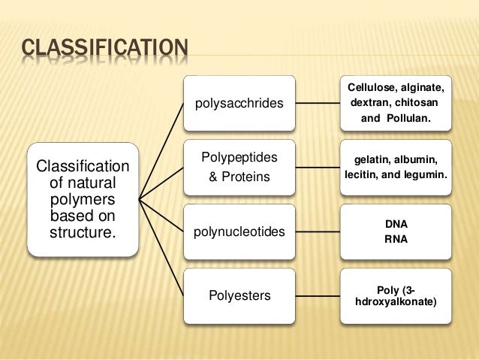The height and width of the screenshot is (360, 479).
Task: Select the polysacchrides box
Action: pos(239,103)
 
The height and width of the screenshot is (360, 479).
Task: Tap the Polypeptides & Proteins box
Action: pos(239,167)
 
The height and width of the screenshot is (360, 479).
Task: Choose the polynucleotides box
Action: pos(239,232)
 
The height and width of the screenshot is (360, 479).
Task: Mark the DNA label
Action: pos(396,224)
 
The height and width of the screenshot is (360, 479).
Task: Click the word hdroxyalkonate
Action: pos(396,302)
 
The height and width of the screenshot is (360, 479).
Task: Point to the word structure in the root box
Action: pos(83,231)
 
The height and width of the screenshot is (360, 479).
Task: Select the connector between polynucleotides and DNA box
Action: pos(315,231)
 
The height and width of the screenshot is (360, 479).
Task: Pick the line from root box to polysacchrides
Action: pos(161,151)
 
